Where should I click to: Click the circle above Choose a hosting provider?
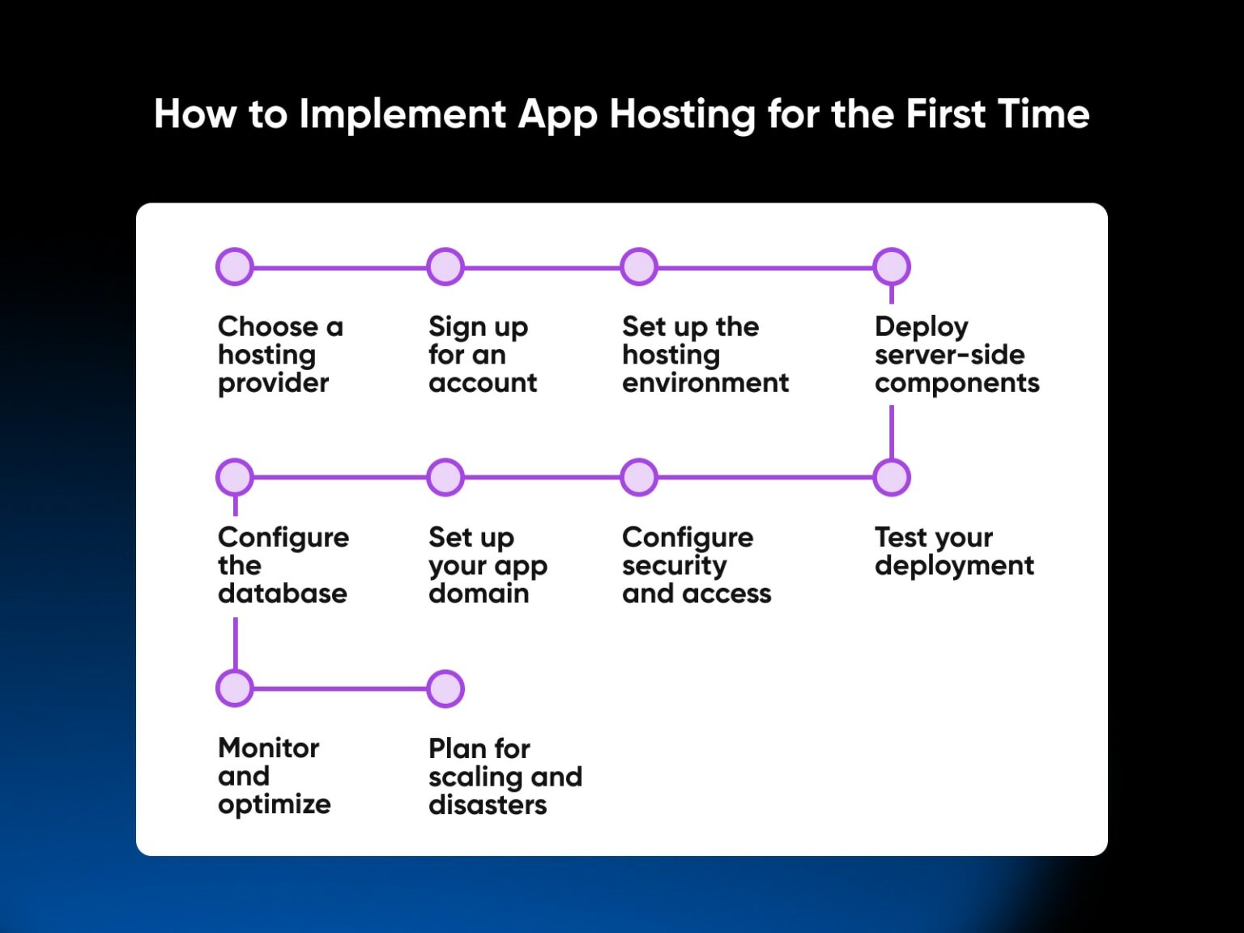point(235,266)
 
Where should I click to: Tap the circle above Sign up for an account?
point(445,266)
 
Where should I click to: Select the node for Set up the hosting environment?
point(639,266)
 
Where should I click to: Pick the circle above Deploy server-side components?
point(892,266)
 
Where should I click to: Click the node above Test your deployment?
point(892,477)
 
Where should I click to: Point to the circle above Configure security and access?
point(639,477)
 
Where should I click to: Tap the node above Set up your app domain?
point(445,477)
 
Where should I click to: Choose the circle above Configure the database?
point(235,477)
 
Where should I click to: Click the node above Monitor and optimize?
point(235,688)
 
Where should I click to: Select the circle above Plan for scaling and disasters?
point(445,688)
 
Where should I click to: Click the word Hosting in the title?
point(683,116)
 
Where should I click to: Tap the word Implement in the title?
point(403,116)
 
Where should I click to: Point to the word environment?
point(705,383)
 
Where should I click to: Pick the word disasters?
point(488,804)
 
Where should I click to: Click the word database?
point(282,593)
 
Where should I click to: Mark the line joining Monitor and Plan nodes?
point(340,688)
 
